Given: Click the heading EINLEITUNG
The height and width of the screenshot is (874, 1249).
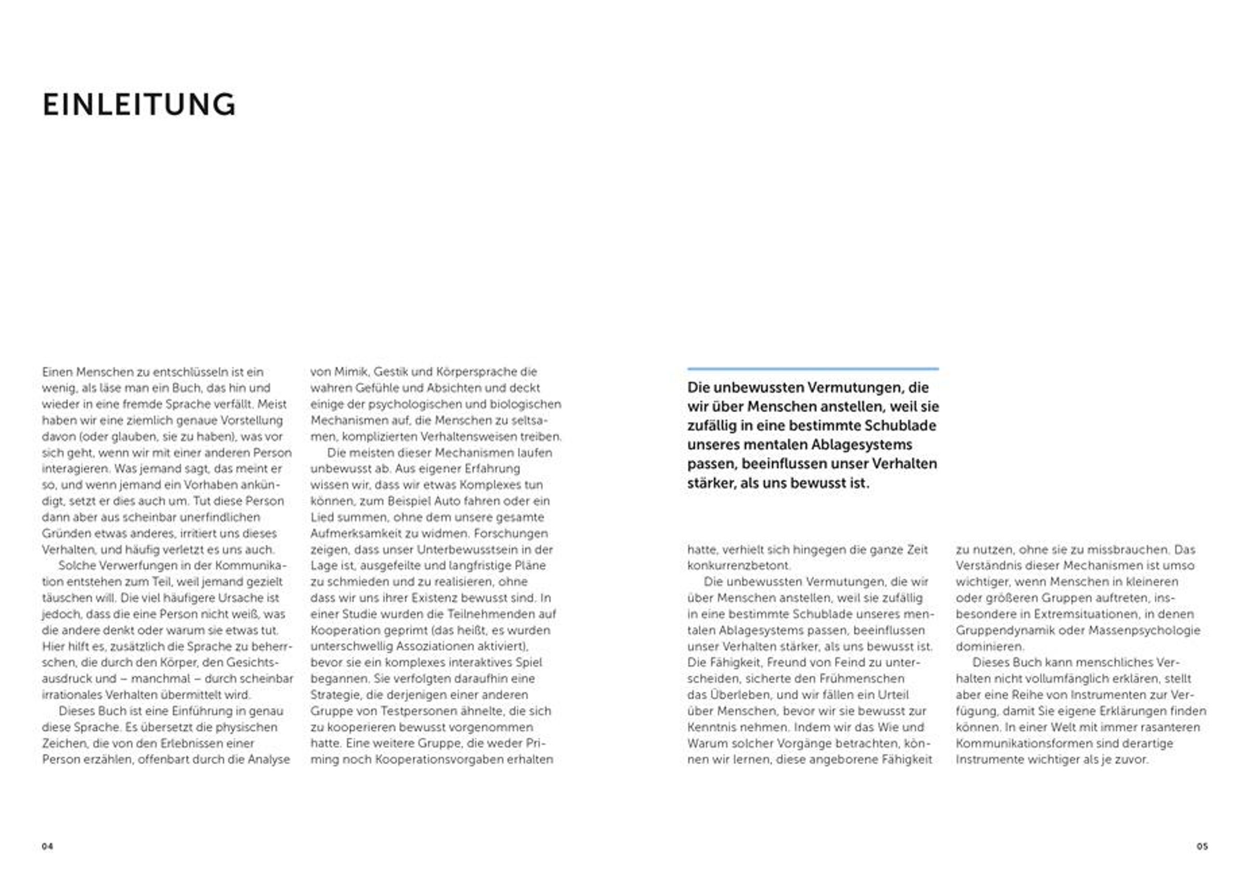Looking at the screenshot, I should click(139, 105).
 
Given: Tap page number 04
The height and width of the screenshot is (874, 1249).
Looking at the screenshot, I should click(47, 846).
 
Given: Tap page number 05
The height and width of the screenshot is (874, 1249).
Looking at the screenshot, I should click(1202, 846).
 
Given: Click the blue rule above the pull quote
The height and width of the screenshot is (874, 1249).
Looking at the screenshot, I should click(813, 369).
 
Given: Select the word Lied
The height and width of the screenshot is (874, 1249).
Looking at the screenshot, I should click(322, 517).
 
